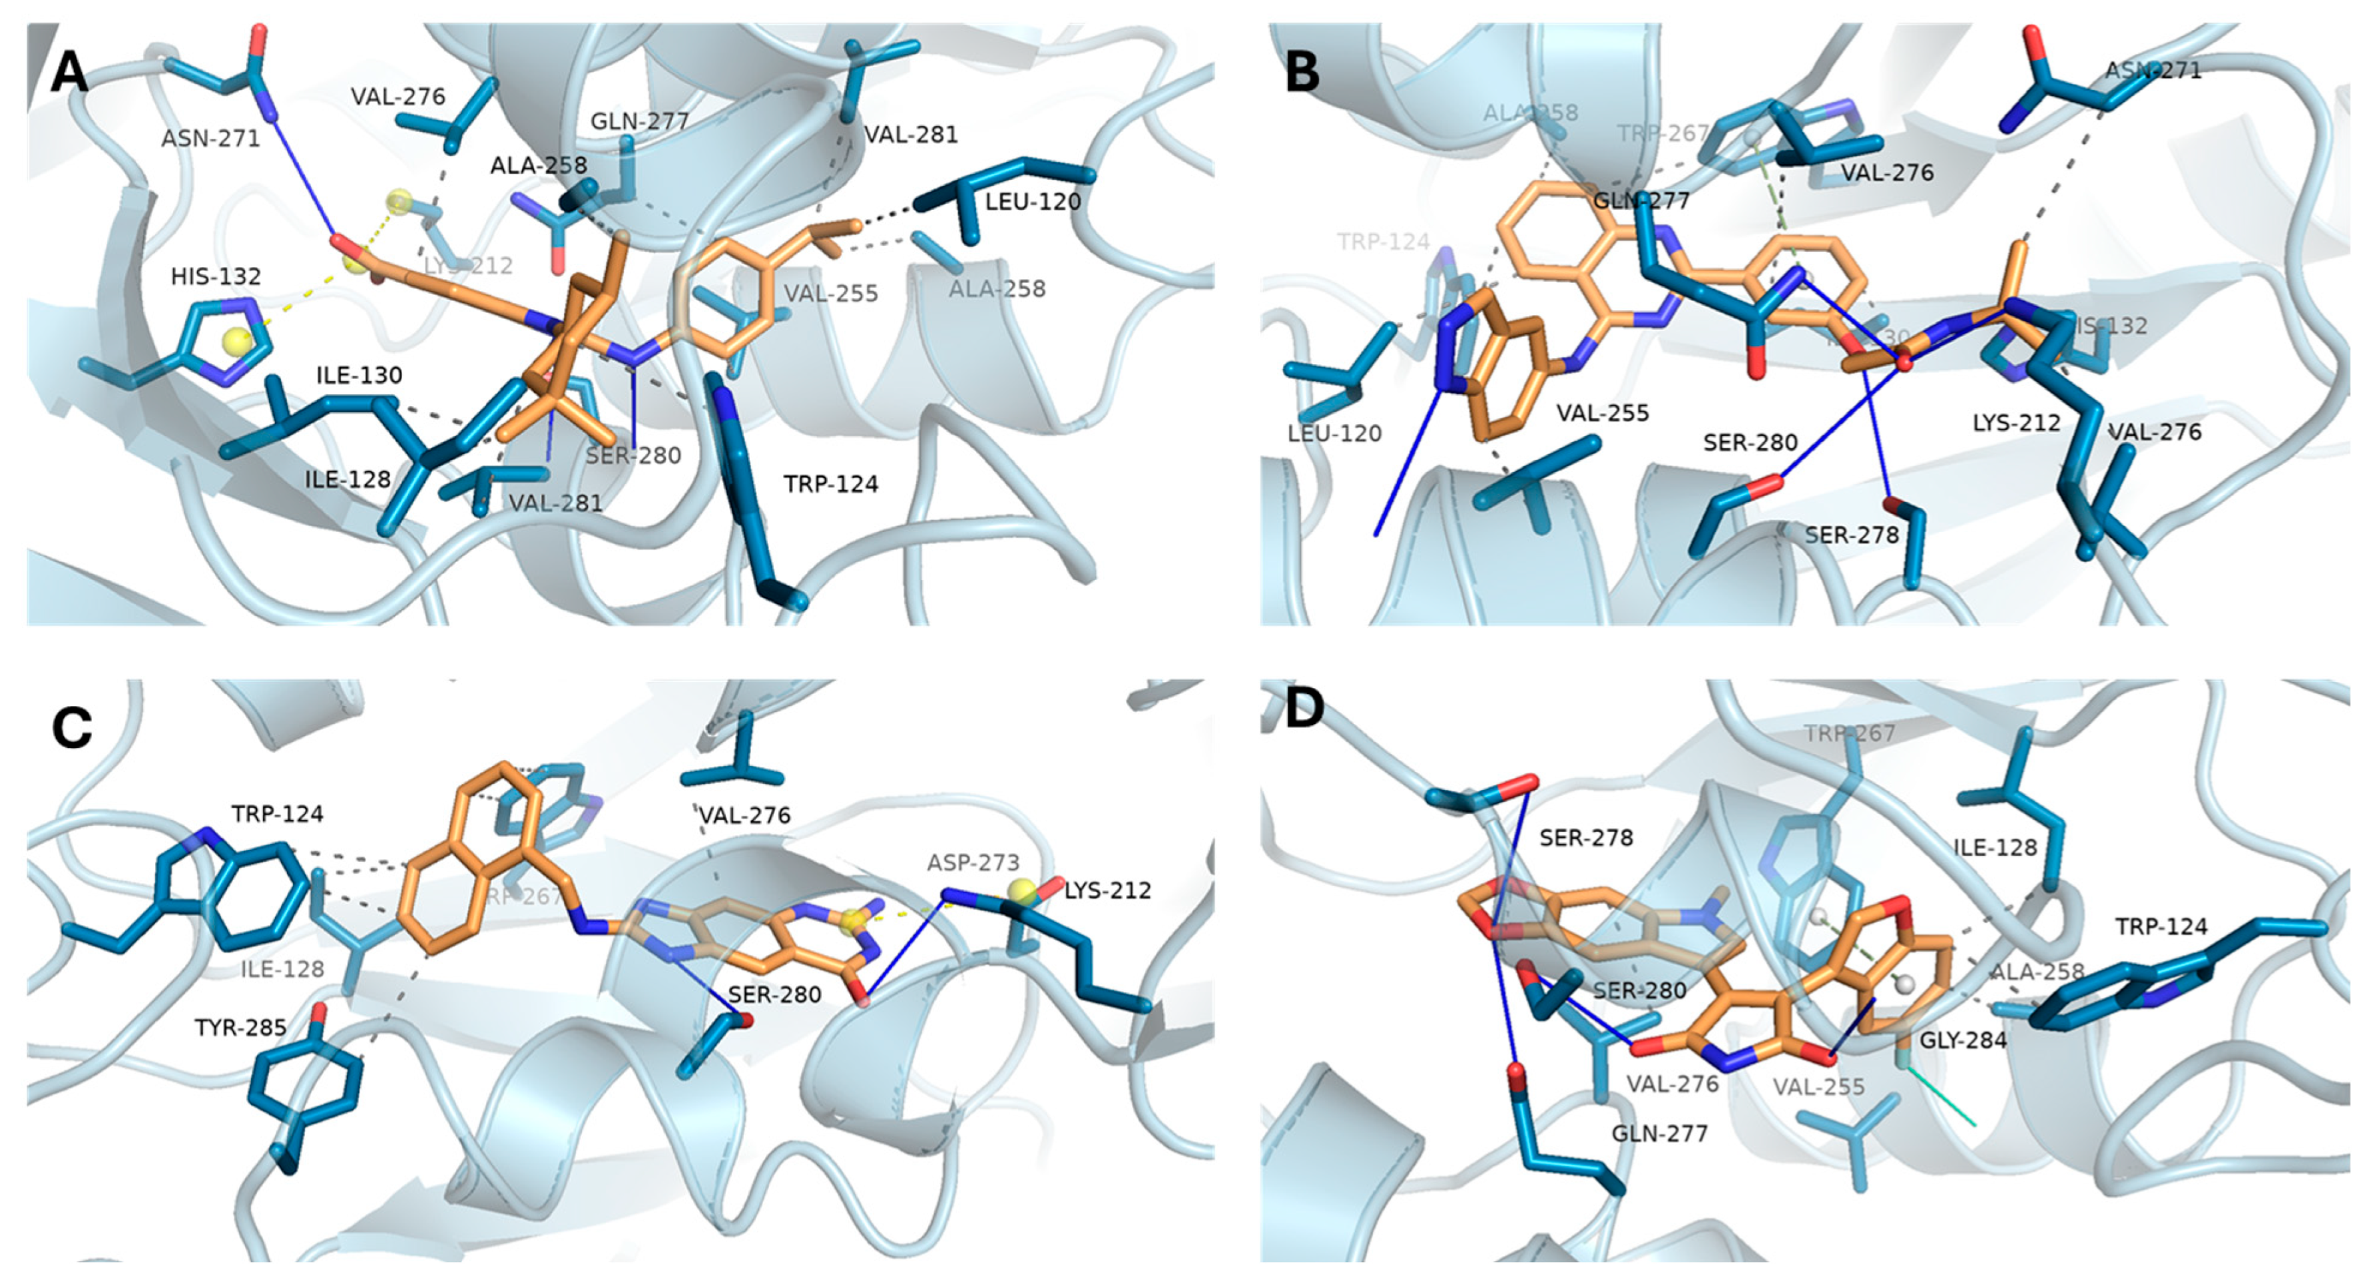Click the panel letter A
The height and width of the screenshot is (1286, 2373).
point(69,73)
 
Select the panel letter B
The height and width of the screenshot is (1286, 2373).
point(1301,71)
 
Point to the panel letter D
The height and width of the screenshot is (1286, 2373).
point(1304,710)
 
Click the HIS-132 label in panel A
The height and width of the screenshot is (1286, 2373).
point(216,276)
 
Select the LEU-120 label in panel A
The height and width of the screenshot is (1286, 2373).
point(1033,201)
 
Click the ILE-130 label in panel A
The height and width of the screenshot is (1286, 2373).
point(360,376)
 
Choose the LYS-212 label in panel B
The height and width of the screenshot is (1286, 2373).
point(2015,423)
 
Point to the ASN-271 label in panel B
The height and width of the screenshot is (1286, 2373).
point(2153,70)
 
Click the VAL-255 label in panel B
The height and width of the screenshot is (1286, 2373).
point(1603,414)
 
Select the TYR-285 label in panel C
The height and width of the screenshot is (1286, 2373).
point(240,1027)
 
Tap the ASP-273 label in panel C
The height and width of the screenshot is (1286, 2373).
point(973,862)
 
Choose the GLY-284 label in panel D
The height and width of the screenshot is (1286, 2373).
point(1962,1040)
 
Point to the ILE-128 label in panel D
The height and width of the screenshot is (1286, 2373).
point(1995,846)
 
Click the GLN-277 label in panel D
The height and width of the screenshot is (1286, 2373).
point(1659,1132)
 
